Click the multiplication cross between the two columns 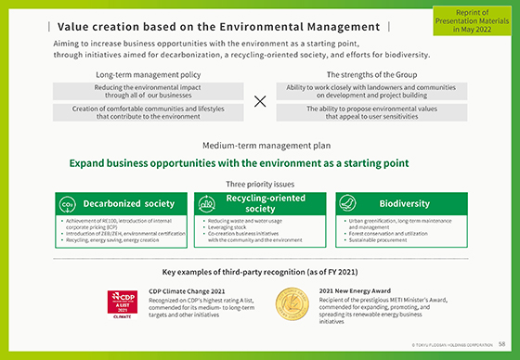pos(259,101)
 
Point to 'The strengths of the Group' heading pos(371,73)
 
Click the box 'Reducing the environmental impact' pos(149,91)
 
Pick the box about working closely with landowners pos(371,91)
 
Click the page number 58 pos(501,344)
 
